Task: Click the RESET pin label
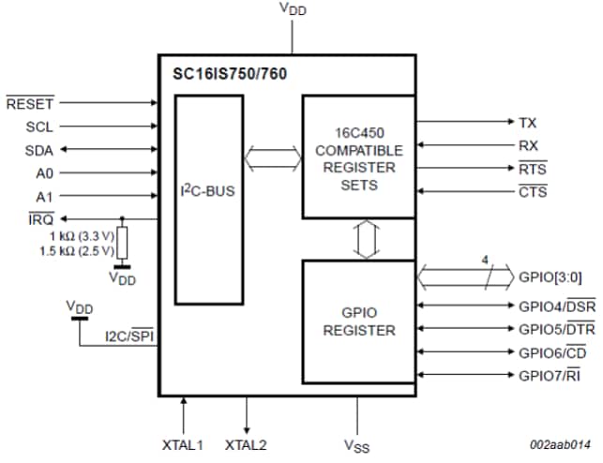(30, 103)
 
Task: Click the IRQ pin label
(40, 218)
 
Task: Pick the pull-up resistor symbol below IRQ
(121, 243)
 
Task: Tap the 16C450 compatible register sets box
(357, 155)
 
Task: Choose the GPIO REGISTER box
(357, 321)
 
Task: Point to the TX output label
(528, 123)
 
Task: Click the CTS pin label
(532, 192)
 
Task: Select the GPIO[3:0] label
(552, 278)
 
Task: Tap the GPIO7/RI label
(556, 375)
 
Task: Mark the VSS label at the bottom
(356, 444)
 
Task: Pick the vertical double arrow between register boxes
(365, 239)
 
